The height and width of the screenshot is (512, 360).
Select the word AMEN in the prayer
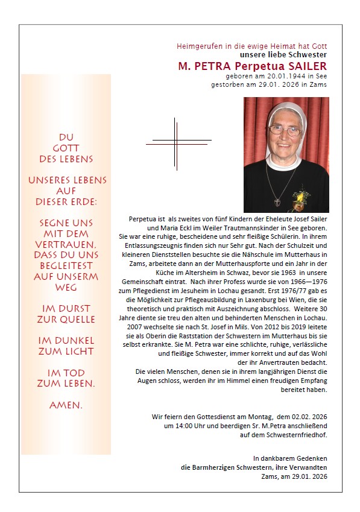pyautogui.click(x=65, y=405)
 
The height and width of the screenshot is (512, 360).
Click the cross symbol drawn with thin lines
pyautogui.click(x=176, y=142)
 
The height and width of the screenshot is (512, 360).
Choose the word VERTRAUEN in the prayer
pyautogui.click(x=65, y=245)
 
